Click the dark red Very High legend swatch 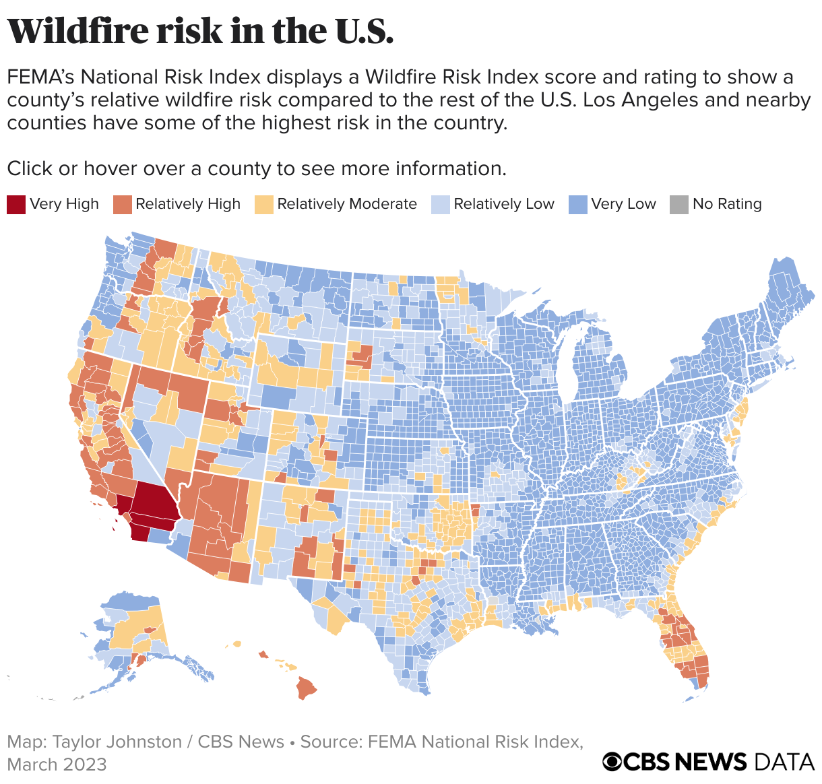(x=16, y=204)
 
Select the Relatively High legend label (x=187, y=204)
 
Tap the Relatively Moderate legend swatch (x=264, y=204)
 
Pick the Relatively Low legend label (x=503, y=204)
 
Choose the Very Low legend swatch (x=578, y=204)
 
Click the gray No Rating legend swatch (x=679, y=204)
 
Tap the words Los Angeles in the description (x=643, y=100)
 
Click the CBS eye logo (x=612, y=762)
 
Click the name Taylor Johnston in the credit (x=117, y=742)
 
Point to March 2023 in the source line (x=57, y=764)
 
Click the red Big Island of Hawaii (x=307, y=688)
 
